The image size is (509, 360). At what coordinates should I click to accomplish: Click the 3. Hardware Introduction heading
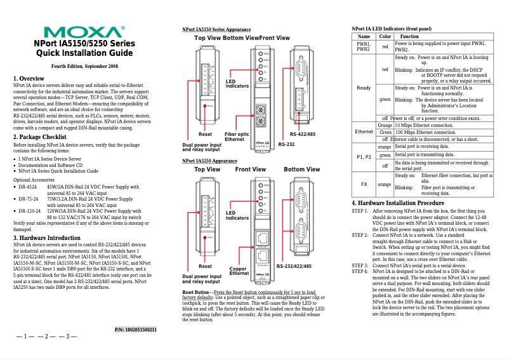tap(47, 238)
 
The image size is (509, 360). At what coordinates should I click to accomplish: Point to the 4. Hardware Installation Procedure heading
tap(398, 203)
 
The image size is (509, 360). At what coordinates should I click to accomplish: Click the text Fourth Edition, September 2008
tap(84, 66)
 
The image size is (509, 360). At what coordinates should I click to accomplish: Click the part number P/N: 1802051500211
tap(135, 329)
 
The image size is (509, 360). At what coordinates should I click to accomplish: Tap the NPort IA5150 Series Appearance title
tap(216, 30)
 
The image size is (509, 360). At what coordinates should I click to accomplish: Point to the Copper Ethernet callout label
tap(239, 270)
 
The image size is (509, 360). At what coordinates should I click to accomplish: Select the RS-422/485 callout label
tap(303, 135)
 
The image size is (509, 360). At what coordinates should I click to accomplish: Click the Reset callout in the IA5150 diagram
tap(205, 134)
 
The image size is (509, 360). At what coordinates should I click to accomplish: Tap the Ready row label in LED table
tap(364, 88)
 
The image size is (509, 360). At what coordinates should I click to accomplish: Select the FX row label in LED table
tap(364, 184)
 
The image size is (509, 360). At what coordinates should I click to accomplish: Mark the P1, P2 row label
tap(364, 156)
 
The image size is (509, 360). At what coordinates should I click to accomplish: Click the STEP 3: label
tap(360, 265)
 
